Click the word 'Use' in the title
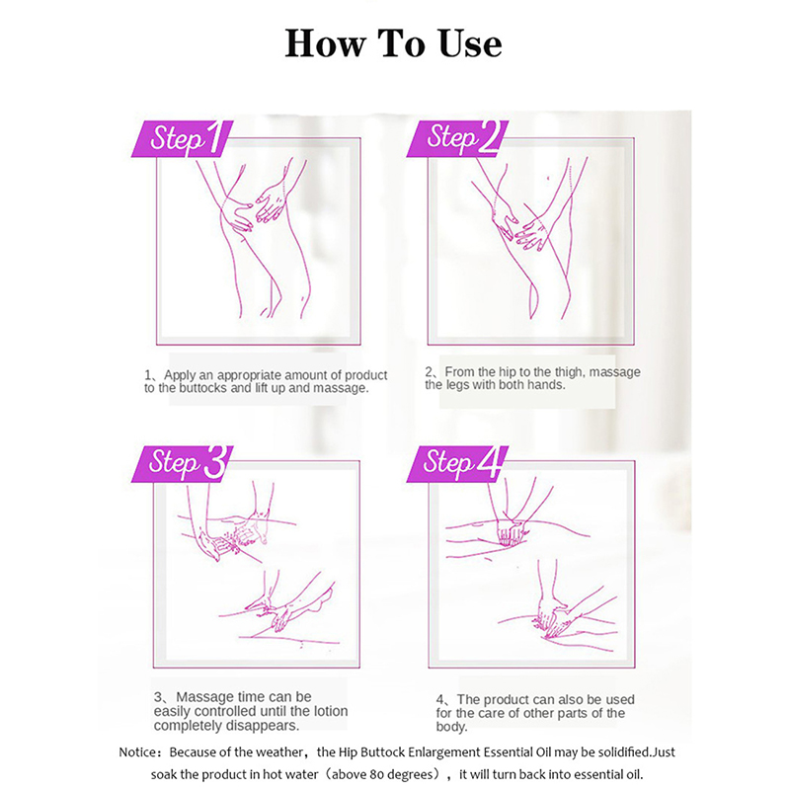tap(470, 43)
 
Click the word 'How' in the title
tap(325, 43)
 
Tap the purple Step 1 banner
tap(183, 138)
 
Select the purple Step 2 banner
tap(457, 138)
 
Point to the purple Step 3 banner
tap(183, 463)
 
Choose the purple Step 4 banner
tap(457, 463)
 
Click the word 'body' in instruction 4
tap(451, 727)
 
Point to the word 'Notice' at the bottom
tap(137, 752)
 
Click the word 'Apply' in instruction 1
tap(180, 375)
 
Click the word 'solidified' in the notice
tap(623, 752)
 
